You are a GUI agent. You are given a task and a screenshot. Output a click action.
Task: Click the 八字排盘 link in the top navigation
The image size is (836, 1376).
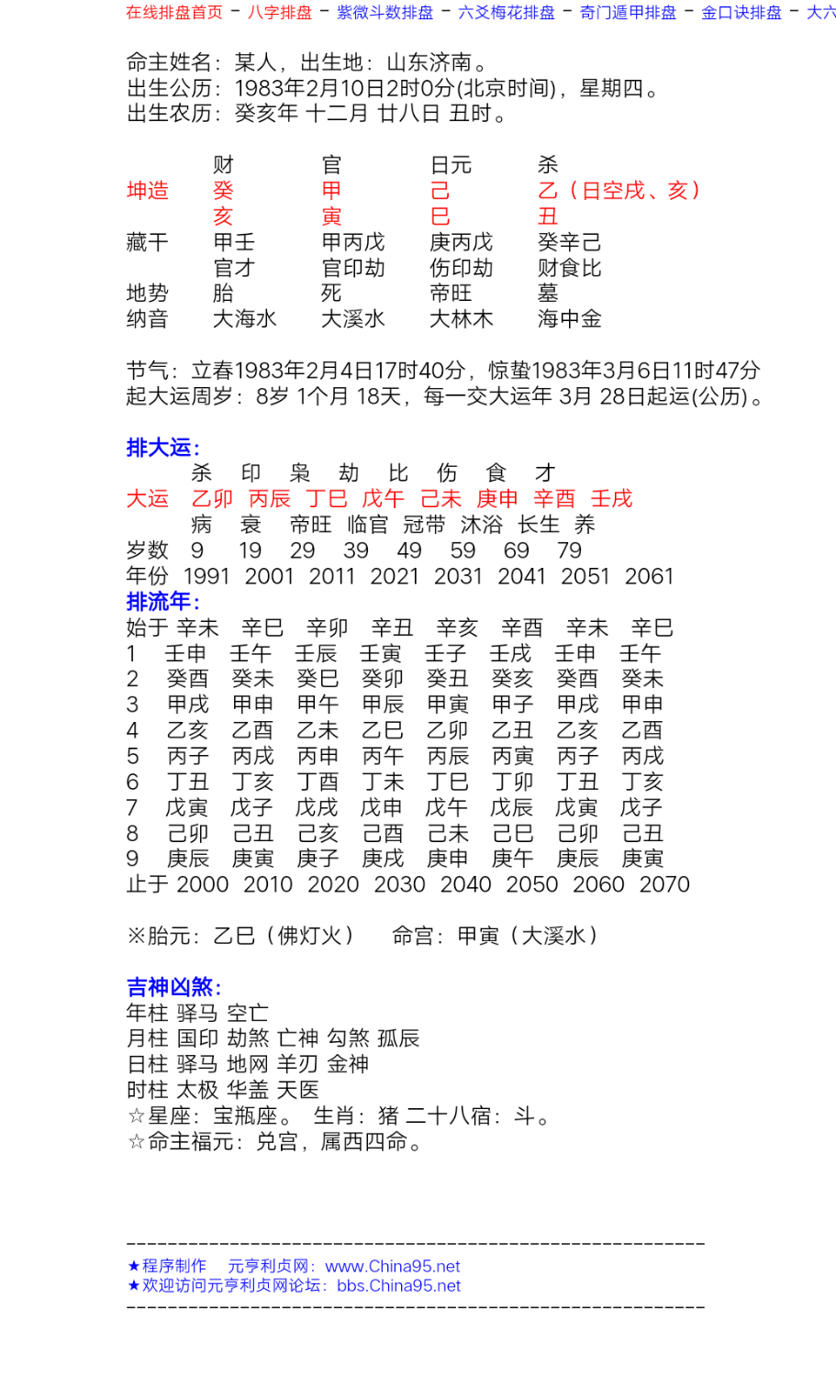[x=280, y=12]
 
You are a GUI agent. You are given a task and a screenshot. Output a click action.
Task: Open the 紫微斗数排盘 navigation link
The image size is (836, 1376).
[x=385, y=12]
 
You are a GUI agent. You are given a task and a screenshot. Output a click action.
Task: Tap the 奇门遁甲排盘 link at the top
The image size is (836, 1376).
[x=628, y=12]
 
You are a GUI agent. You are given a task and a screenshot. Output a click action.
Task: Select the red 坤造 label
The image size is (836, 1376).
[x=148, y=191]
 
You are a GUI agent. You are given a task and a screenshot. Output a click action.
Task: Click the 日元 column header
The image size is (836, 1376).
[x=451, y=165]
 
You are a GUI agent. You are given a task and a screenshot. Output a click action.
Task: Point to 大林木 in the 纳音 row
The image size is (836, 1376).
[x=462, y=319]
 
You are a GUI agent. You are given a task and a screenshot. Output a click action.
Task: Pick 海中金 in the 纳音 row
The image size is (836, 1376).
[x=570, y=319]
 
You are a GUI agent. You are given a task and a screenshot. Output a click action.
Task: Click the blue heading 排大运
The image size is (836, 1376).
[x=162, y=448]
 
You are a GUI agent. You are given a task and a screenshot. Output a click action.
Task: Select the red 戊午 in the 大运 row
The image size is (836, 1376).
[x=383, y=499]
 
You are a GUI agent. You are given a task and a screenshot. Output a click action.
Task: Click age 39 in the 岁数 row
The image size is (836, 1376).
[x=356, y=550]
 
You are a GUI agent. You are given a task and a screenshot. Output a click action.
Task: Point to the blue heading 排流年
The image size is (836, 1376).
[x=162, y=602]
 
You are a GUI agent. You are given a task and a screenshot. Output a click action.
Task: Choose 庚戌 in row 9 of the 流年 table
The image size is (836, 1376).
[x=383, y=859]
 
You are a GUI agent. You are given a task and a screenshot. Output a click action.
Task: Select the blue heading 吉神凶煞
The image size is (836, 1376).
[x=173, y=987]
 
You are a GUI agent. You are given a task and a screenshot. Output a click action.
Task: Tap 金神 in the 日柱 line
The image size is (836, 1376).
[x=348, y=1064]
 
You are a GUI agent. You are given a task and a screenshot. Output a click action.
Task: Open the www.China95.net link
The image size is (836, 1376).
[x=393, y=1267]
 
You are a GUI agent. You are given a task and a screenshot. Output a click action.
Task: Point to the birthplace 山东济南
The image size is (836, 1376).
[x=429, y=62]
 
